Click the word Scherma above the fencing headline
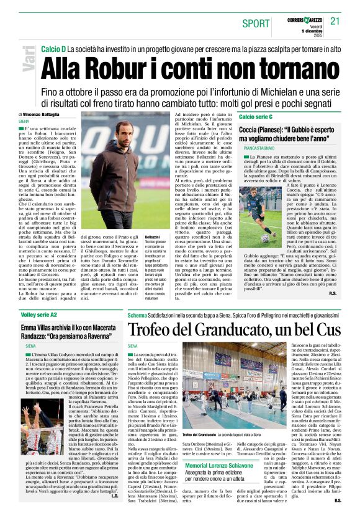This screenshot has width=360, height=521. pos(137,314)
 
